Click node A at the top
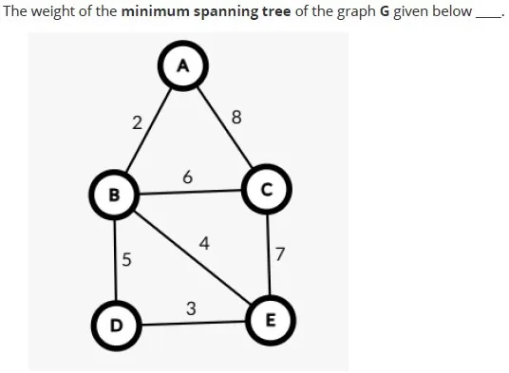[x=183, y=65]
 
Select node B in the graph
[x=114, y=195]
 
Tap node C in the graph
[x=267, y=189]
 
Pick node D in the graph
[x=116, y=326]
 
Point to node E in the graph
[x=271, y=321]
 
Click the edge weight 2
[x=138, y=123]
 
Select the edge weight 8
[x=236, y=117]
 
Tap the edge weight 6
[x=188, y=177]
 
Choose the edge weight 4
[x=204, y=243]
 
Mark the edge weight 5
[x=126, y=259]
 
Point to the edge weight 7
[x=280, y=254]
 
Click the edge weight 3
[x=191, y=308]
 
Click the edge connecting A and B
[x=149, y=130]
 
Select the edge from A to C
[x=225, y=127]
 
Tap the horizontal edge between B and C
[x=191, y=192]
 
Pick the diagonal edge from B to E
[x=193, y=257]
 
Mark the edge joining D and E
[x=194, y=323]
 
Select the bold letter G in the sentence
[x=385, y=11]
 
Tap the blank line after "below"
[x=487, y=17]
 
